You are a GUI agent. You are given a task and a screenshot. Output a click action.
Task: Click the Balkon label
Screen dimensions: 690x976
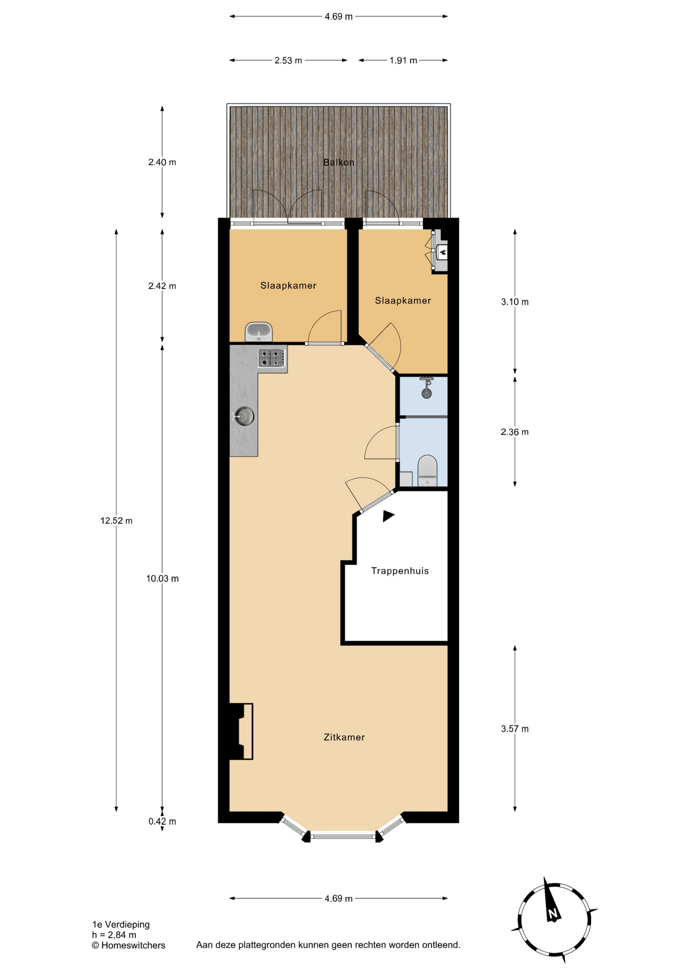point(339,162)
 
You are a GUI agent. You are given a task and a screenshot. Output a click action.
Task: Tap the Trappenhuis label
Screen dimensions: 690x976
point(400,571)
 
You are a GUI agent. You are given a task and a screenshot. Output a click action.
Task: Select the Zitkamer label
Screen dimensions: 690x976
point(344,737)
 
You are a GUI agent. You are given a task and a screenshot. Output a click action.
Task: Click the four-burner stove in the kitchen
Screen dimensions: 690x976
point(271,358)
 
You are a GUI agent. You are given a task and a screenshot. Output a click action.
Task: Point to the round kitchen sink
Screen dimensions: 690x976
point(244,416)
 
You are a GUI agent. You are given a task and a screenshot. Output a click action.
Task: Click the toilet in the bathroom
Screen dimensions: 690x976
point(427,470)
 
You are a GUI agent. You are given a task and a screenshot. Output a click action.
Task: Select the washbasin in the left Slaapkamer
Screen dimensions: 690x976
point(259,332)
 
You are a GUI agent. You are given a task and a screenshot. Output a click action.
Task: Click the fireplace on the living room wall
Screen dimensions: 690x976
point(241,731)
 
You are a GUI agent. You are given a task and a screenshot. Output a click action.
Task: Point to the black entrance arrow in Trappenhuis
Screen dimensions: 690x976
point(388,516)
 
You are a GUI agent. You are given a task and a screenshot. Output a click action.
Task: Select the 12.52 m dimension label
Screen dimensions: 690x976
point(116,521)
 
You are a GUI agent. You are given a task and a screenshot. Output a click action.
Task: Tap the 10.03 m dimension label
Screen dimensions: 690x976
point(163,578)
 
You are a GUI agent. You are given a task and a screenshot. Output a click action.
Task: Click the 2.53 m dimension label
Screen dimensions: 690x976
point(288,60)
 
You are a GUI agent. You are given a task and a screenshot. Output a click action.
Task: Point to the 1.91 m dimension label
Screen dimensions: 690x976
point(403,60)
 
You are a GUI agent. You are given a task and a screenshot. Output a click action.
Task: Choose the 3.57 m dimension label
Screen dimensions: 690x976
point(515,729)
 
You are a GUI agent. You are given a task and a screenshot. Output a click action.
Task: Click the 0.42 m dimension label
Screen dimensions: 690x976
point(163,821)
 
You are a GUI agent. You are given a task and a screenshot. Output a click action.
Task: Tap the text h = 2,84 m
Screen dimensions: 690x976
point(114,935)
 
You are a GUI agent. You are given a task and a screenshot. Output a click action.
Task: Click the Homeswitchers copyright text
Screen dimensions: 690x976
point(129,945)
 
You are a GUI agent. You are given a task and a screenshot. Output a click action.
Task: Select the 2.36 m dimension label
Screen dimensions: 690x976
point(515,432)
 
